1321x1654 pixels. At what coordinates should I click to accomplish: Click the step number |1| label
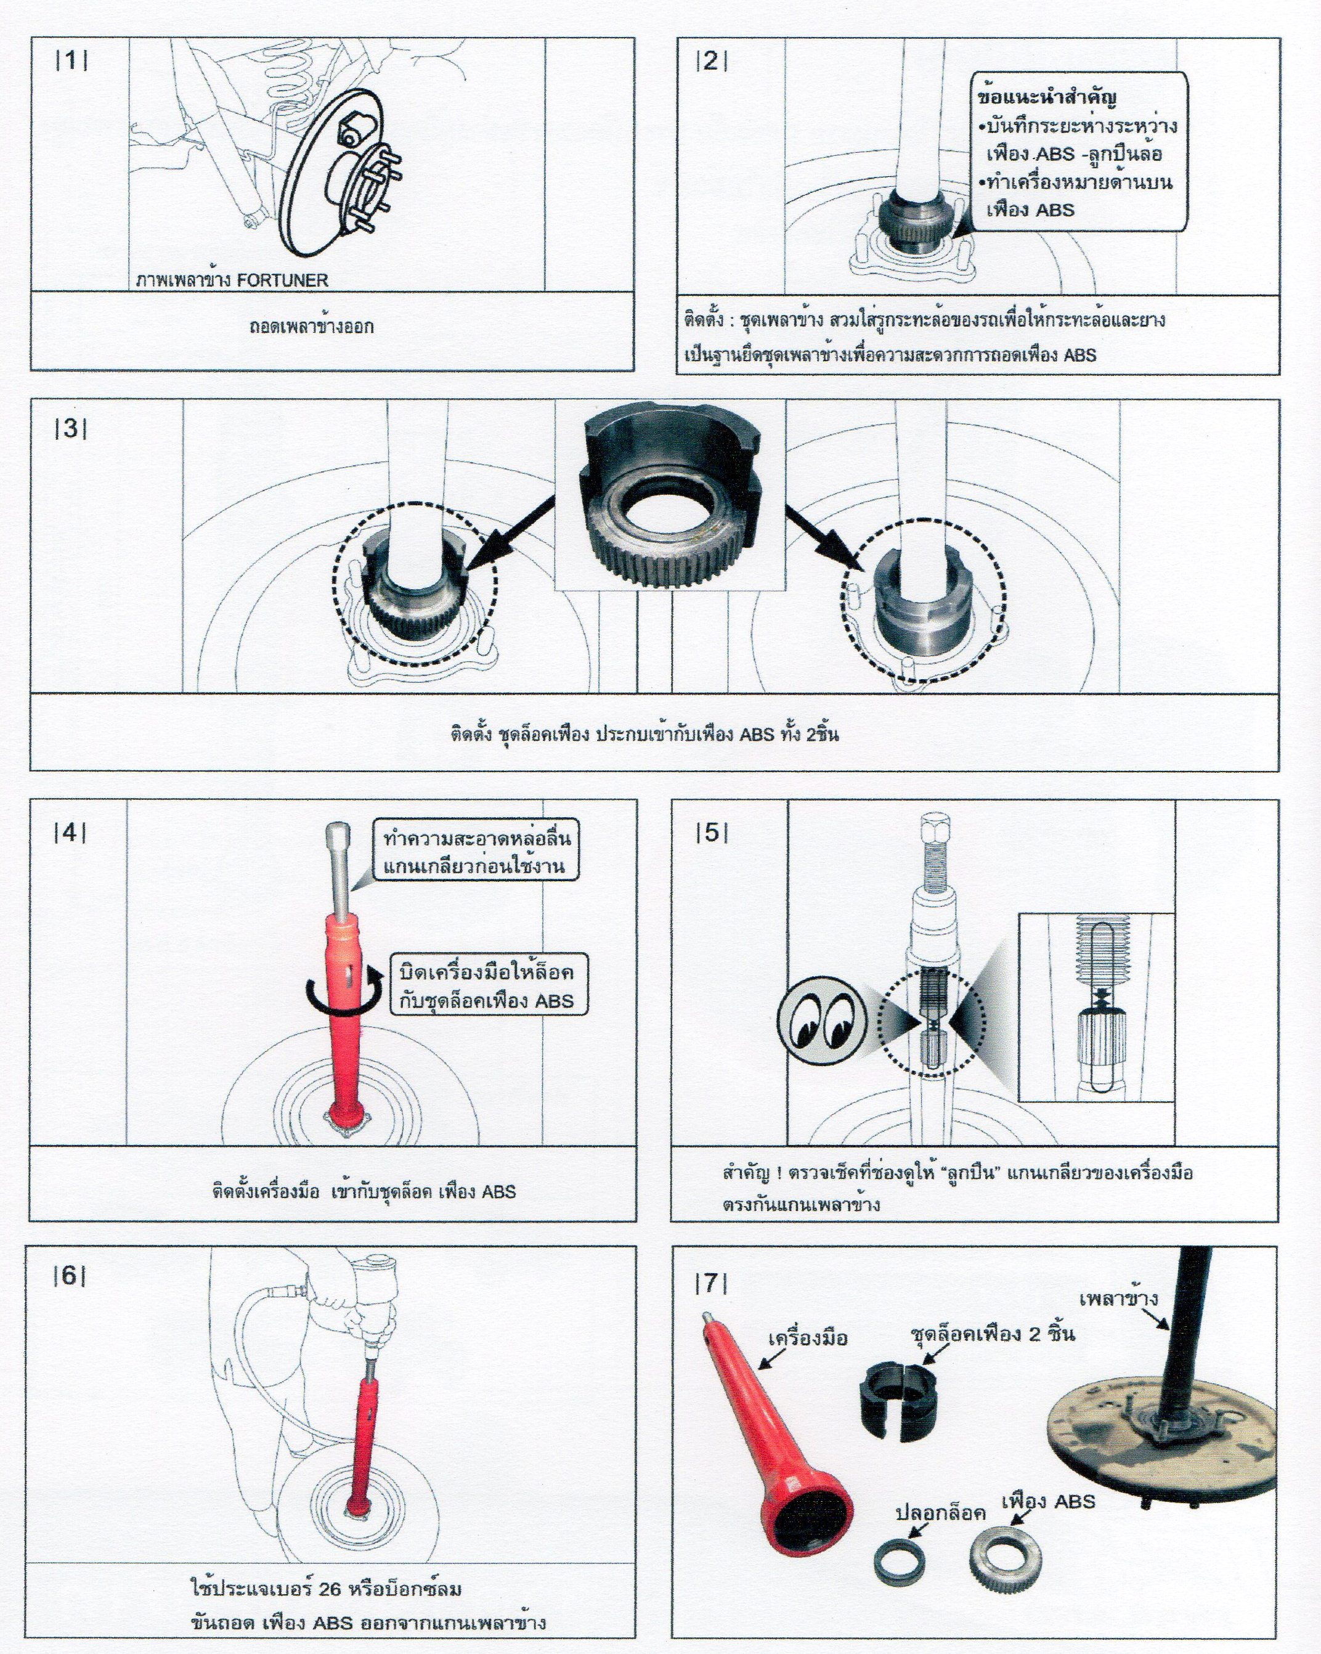71,60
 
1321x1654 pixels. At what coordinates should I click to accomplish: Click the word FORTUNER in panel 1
282,280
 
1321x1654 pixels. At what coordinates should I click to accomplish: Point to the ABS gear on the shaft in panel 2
917,222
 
